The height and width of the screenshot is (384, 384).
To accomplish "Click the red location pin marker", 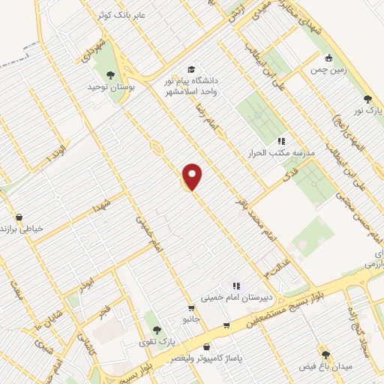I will tap(193, 175).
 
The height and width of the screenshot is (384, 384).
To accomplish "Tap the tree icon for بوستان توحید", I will tap(111, 74).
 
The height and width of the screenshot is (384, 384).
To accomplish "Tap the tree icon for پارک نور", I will tap(367, 98).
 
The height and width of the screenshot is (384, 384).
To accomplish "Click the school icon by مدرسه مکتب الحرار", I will tap(282, 140).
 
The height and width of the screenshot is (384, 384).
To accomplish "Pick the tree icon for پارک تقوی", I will tap(156, 329).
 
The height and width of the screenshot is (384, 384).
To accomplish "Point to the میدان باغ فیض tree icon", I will tap(325, 354).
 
